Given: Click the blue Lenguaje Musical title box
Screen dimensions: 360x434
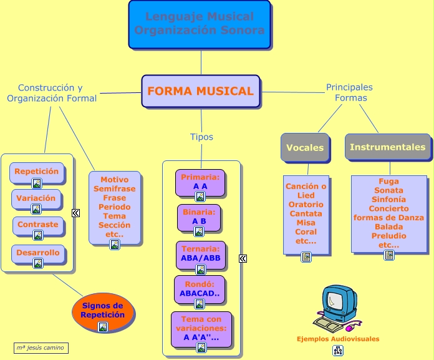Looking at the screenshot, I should tap(200, 24).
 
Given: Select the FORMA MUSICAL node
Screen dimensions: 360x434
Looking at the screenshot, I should tap(200, 91).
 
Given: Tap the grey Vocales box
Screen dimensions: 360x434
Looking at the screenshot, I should tap(304, 148).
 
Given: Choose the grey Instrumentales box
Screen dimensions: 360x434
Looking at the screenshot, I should tap(387, 147).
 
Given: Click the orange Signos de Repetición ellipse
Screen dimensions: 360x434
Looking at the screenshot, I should tap(103, 311).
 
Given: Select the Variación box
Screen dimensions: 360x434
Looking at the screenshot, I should tap(36, 199).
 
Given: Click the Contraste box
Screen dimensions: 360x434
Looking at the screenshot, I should tap(37, 225).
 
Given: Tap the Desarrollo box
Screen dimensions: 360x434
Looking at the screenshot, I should tap(38, 253).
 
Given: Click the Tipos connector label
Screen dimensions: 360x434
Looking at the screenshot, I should tap(201, 137).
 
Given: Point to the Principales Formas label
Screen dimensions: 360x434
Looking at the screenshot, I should tap(350, 92).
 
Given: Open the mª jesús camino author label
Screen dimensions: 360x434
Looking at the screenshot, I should tap(41, 348).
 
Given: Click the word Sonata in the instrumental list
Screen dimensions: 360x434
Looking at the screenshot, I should tap(389, 190).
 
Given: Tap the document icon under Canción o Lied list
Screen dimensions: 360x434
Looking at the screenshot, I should tap(306, 257).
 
